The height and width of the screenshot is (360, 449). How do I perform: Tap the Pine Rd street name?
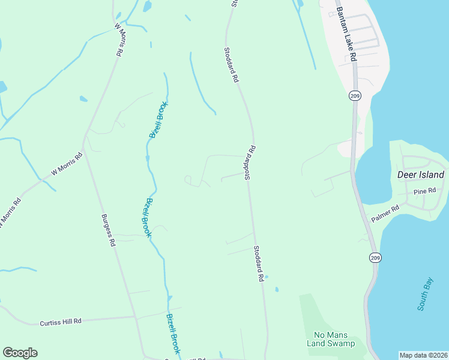(x=425, y=191)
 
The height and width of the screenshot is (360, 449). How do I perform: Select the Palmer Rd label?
(x=385, y=214)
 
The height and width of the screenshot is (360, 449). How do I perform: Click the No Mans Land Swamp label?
(x=334, y=339)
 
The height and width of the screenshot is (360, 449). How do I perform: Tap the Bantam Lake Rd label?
(x=346, y=34)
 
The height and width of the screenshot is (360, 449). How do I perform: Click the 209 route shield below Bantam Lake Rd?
(x=354, y=95)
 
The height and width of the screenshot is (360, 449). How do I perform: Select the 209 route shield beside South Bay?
(x=375, y=257)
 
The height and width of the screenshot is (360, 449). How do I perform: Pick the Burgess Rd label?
(x=108, y=230)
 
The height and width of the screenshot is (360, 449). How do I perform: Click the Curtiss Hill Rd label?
(x=60, y=322)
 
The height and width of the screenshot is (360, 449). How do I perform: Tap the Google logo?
(x=20, y=353)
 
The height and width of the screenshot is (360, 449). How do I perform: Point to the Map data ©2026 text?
(x=423, y=355)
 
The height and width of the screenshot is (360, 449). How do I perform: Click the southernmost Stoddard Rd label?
(x=259, y=264)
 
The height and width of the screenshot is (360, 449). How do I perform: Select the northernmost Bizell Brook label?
(x=159, y=120)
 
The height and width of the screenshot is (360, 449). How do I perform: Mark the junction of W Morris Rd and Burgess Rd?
(x=83, y=150)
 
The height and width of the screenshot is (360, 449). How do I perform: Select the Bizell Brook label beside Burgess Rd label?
(x=146, y=218)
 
